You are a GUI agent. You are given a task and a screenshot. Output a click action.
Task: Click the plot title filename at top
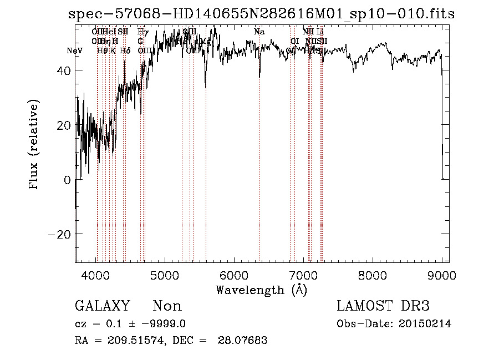(x=261, y=14)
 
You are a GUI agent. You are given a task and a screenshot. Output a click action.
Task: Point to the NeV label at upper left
(x=74, y=50)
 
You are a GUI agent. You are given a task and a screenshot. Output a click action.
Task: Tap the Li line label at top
(x=320, y=32)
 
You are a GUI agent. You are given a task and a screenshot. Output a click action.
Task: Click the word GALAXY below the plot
(x=102, y=306)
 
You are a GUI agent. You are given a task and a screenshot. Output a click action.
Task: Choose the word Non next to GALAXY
(x=167, y=306)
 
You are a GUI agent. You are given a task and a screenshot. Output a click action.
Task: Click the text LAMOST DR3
(x=383, y=306)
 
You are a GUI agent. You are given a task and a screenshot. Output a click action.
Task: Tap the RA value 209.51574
(x=132, y=341)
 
